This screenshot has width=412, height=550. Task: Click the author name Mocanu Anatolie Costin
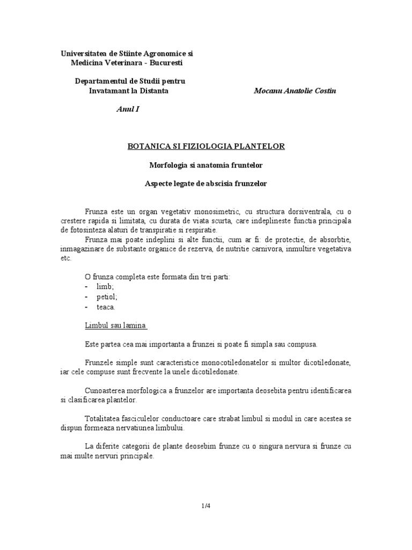coord(295,91)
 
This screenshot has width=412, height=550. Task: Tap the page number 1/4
coord(205,505)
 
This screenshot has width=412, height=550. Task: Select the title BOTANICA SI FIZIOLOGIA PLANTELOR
coord(205,146)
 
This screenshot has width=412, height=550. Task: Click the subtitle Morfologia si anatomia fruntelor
coord(205,165)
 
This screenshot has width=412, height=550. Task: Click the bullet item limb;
coord(106,287)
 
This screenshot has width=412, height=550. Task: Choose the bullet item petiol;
coord(107,297)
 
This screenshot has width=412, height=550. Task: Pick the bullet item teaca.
coord(106,307)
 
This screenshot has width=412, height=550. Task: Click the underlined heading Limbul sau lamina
coord(116,325)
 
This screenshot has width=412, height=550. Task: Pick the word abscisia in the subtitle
coord(217,183)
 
